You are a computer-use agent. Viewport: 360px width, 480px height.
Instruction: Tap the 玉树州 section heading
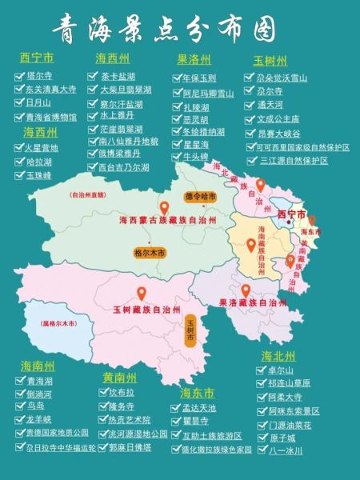[x=270, y=61]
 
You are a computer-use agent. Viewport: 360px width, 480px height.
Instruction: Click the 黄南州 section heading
[x=119, y=377]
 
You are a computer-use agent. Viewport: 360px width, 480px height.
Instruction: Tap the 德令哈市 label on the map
[x=201, y=195]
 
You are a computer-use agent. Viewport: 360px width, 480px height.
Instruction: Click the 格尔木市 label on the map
[x=150, y=252]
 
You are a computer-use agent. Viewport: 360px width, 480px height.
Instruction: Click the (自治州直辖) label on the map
[x=88, y=194]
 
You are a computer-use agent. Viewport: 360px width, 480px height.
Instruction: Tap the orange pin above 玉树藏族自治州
[x=142, y=294]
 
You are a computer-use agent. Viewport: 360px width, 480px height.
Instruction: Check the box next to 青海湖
[x=19, y=381]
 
